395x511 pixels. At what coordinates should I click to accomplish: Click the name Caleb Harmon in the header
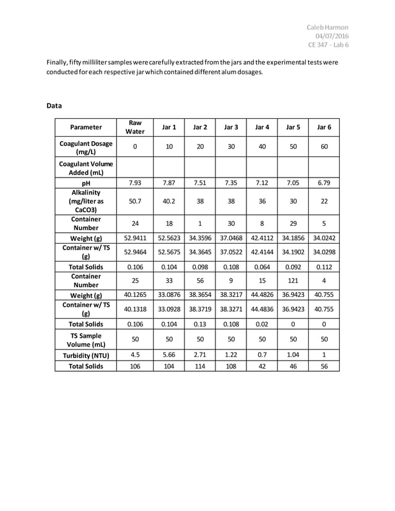click(x=328, y=27)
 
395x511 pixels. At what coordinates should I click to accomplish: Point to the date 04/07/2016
click(x=331, y=36)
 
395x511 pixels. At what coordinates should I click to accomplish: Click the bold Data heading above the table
click(x=54, y=106)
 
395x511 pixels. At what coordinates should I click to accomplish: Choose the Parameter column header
click(x=85, y=127)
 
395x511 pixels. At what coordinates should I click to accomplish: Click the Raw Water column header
click(x=134, y=127)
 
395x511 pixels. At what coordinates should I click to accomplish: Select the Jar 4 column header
click(x=262, y=127)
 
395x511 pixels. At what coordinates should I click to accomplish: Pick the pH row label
click(x=85, y=183)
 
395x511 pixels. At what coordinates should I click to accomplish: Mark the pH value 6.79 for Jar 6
click(x=324, y=183)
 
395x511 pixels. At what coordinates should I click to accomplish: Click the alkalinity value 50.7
click(x=134, y=201)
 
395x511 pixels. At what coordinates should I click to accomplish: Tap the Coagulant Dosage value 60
click(x=324, y=147)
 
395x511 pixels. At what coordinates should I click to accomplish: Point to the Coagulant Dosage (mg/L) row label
click(x=85, y=147)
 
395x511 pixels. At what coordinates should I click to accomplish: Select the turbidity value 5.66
click(x=168, y=356)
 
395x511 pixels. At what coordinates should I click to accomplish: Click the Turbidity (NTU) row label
click(x=85, y=356)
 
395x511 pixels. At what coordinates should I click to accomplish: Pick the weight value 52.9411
click(x=134, y=238)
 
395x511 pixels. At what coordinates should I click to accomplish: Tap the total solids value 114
click(x=199, y=366)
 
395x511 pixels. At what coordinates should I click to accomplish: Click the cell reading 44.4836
click(x=262, y=309)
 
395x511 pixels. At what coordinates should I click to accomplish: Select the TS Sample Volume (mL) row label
click(x=85, y=340)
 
